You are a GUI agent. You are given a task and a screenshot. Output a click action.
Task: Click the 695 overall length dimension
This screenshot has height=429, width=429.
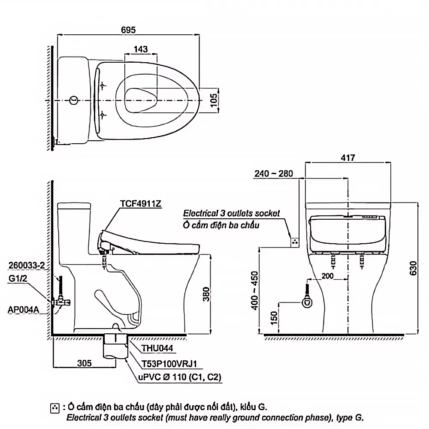point(128,30)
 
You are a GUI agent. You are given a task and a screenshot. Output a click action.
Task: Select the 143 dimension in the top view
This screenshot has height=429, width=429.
point(141,49)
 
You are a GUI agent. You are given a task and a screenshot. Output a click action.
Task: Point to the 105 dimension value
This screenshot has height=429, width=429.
point(214,100)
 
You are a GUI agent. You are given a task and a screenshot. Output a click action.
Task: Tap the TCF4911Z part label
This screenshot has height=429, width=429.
point(141,203)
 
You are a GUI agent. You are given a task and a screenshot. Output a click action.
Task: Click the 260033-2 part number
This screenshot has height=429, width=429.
point(27,265)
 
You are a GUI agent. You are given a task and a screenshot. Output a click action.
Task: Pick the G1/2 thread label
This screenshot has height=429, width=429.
point(18,278)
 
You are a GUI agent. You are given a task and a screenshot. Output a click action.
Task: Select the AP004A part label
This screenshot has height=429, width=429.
point(23,310)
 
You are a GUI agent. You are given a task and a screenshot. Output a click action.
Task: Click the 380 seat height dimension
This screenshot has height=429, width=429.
point(206,294)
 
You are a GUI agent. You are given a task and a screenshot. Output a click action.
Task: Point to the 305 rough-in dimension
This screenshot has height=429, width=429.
point(84,363)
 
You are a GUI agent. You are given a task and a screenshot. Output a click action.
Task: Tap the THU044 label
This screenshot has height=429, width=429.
point(157,348)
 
